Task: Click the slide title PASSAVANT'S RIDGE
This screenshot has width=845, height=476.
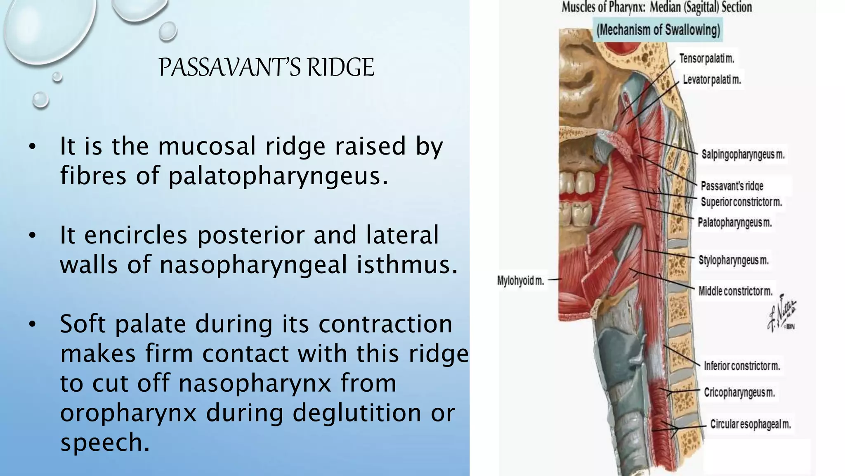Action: coord(267,67)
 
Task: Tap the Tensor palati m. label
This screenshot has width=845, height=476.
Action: coord(707,59)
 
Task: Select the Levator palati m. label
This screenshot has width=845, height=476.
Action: coord(712,79)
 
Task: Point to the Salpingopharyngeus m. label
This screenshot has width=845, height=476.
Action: coord(743,155)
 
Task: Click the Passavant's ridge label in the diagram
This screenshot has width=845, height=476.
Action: coord(732,186)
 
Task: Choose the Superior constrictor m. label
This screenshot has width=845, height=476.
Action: coord(741,202)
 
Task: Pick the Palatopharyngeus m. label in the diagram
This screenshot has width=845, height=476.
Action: coord(734,223)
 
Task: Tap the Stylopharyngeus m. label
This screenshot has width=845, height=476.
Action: coord(733,260)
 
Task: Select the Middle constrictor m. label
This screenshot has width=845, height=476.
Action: coord(735,291)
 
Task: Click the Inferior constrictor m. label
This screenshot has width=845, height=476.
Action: coord(741,366)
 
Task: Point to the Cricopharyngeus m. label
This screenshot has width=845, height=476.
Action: coord(739,392)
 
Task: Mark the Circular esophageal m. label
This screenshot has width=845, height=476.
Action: coord(750,424)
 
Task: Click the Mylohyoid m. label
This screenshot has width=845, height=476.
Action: coord(520,281)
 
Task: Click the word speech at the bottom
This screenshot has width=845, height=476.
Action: coord(104,442)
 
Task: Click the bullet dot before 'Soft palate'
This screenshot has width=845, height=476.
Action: coord(33,324)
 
